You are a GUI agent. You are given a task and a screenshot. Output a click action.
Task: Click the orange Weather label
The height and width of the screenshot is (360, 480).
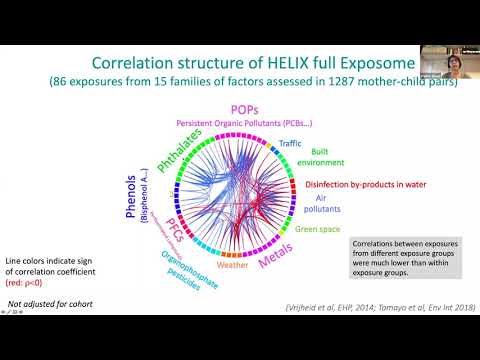[231, 265]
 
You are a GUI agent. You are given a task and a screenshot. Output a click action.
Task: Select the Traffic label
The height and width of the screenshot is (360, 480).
[291, 144]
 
